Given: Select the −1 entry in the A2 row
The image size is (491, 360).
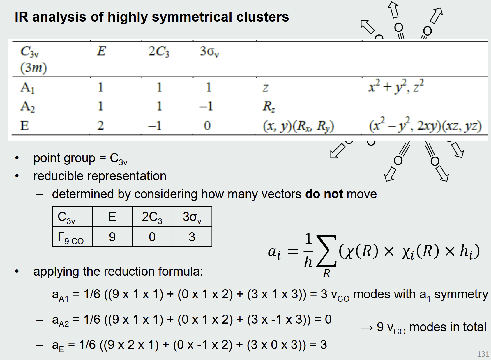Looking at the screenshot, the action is (206, 106).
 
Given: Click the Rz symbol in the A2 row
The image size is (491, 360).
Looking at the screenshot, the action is (269, 107).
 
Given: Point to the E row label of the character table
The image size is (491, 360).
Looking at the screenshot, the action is (24, 125).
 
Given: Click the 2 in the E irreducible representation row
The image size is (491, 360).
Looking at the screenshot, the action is (100, 125).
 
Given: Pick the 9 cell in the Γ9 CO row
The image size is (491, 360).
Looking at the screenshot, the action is (112, 237).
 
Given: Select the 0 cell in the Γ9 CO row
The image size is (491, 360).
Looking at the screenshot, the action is (152, 237).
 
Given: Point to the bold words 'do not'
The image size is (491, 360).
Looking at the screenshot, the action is (324, 194).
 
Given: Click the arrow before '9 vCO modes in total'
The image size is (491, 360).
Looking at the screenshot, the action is (367, 328).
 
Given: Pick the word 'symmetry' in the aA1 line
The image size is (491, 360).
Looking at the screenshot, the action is (461, 295).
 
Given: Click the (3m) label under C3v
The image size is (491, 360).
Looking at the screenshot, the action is (33, 68).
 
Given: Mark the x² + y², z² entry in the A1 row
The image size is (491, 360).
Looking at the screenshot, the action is (396, 86).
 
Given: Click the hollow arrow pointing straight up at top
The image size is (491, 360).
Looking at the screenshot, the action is (393, 10).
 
